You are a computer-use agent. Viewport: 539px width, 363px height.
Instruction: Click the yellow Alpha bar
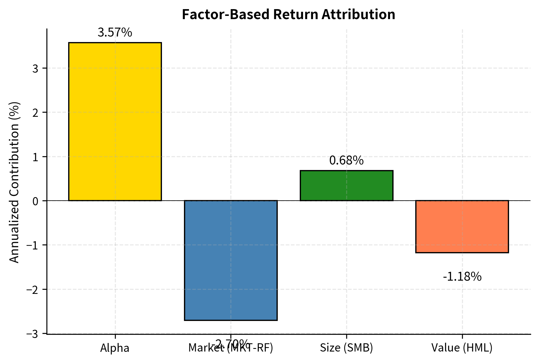[x=115, y=121]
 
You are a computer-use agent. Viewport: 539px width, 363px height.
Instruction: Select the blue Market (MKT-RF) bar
[x=231, y=260]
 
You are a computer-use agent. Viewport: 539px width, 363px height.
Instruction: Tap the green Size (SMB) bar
[x=346, y=186]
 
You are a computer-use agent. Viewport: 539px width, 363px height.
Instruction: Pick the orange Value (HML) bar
[x=462, y=227]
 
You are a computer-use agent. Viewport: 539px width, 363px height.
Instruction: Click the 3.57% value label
[x=115, y=33]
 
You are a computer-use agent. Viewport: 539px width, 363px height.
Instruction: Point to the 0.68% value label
[x=346, y=161]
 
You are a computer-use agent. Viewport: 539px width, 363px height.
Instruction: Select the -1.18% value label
[x=462, y=277]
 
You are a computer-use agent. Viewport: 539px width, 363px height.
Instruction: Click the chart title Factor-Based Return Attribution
[x=288, y=14]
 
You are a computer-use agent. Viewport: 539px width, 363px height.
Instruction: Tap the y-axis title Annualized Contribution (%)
[x=14, y=182]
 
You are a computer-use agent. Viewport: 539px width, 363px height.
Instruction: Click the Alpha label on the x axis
[x=115, y=348]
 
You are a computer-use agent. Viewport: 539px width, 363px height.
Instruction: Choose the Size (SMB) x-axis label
[x=346, y=348]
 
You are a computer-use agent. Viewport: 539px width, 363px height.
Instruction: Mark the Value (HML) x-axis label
[x=462, y=348]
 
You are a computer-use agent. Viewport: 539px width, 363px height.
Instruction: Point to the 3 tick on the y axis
[x=36, y=69]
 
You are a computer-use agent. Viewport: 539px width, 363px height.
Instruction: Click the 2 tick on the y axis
[x=36, y=113]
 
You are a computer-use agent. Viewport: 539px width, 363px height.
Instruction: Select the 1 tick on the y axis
[x=36, y=157]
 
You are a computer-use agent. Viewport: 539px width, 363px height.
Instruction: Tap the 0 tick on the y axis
[x=36, y=201]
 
